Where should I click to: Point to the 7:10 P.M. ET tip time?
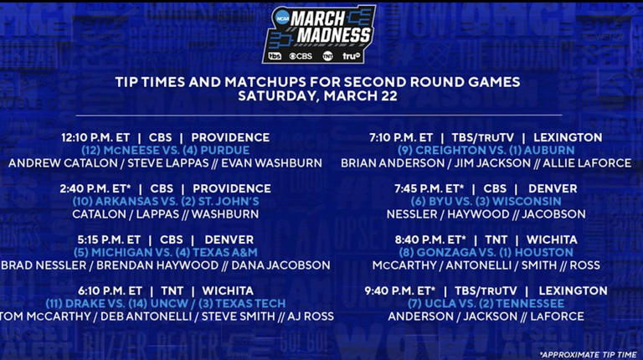[401, 137]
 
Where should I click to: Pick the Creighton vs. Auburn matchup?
[486, 150]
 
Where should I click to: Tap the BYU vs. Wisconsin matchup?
[486, 201]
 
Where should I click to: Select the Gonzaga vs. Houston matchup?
[486, 252]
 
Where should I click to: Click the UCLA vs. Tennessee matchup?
[486, 303]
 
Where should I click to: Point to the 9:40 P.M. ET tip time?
[400, 291]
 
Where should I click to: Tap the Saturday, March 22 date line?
[317, 95]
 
